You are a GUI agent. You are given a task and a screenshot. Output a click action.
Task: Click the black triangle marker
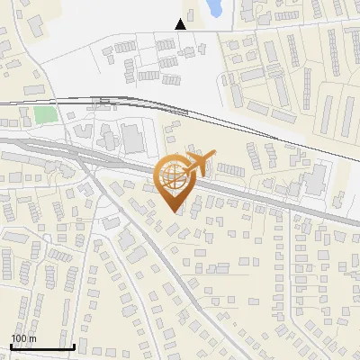point(181,24)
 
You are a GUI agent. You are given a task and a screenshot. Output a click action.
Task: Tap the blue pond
point(215,8)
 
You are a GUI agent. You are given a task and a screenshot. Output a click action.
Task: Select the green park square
point(44,116)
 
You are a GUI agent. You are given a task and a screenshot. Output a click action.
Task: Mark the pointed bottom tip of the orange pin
point(173,211)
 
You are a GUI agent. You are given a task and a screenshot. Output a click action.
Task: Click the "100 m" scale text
point(23,338)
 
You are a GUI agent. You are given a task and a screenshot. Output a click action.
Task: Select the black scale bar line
point(42,346)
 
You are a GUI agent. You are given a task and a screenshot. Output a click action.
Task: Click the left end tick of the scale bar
point(12,345)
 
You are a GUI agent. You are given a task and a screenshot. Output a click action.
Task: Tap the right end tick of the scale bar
point(74,345)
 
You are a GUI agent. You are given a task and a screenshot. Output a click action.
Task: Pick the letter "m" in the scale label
point(31,338)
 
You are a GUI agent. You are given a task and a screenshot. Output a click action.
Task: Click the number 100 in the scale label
point(18,338)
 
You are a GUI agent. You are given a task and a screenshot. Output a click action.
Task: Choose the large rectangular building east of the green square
point(132,139)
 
